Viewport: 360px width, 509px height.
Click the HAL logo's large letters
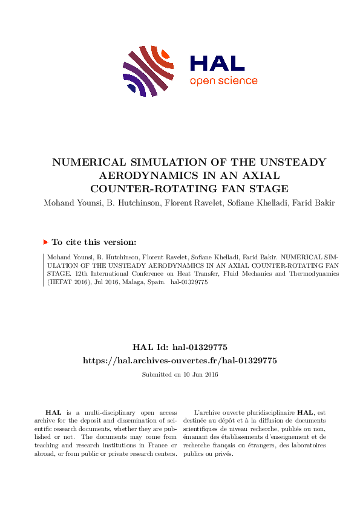tap(217, 64)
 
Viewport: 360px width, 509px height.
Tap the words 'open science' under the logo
tap(223, 81)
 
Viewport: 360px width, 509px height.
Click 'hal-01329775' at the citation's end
tap(190, 282)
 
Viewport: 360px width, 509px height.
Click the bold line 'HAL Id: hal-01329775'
tap(180, 347)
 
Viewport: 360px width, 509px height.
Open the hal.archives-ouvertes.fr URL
tap(180, 360)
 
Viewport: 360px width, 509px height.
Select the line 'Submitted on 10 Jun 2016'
tap(180, 375)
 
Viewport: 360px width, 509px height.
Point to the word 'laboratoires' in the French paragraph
tap(306, 445)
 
